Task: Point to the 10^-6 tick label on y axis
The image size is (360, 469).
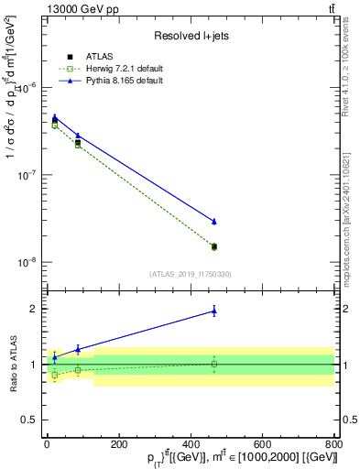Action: tap(29, 87)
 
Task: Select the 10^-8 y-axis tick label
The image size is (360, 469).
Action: tap(29, 261)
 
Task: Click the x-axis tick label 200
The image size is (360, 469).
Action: tap(118, 444)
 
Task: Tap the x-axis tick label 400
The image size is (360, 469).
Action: tap(191, 444)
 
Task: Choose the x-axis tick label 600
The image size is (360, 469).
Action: tap(262, 444)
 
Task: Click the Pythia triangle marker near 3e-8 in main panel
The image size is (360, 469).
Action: tap(213, 221)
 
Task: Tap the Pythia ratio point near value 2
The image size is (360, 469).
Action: tap(213, 311)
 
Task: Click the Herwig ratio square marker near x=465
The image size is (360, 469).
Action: tap(213, 364)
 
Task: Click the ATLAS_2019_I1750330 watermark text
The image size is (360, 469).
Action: tap(190, 274)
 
